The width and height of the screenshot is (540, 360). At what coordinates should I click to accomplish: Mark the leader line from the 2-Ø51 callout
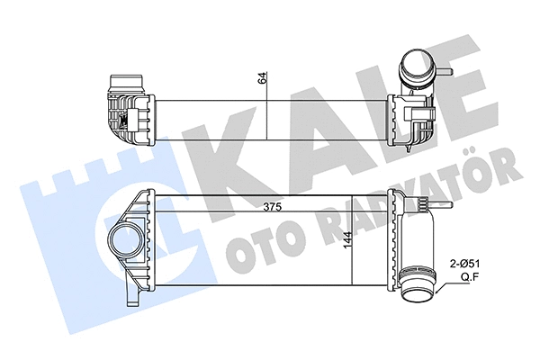(441, 283)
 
